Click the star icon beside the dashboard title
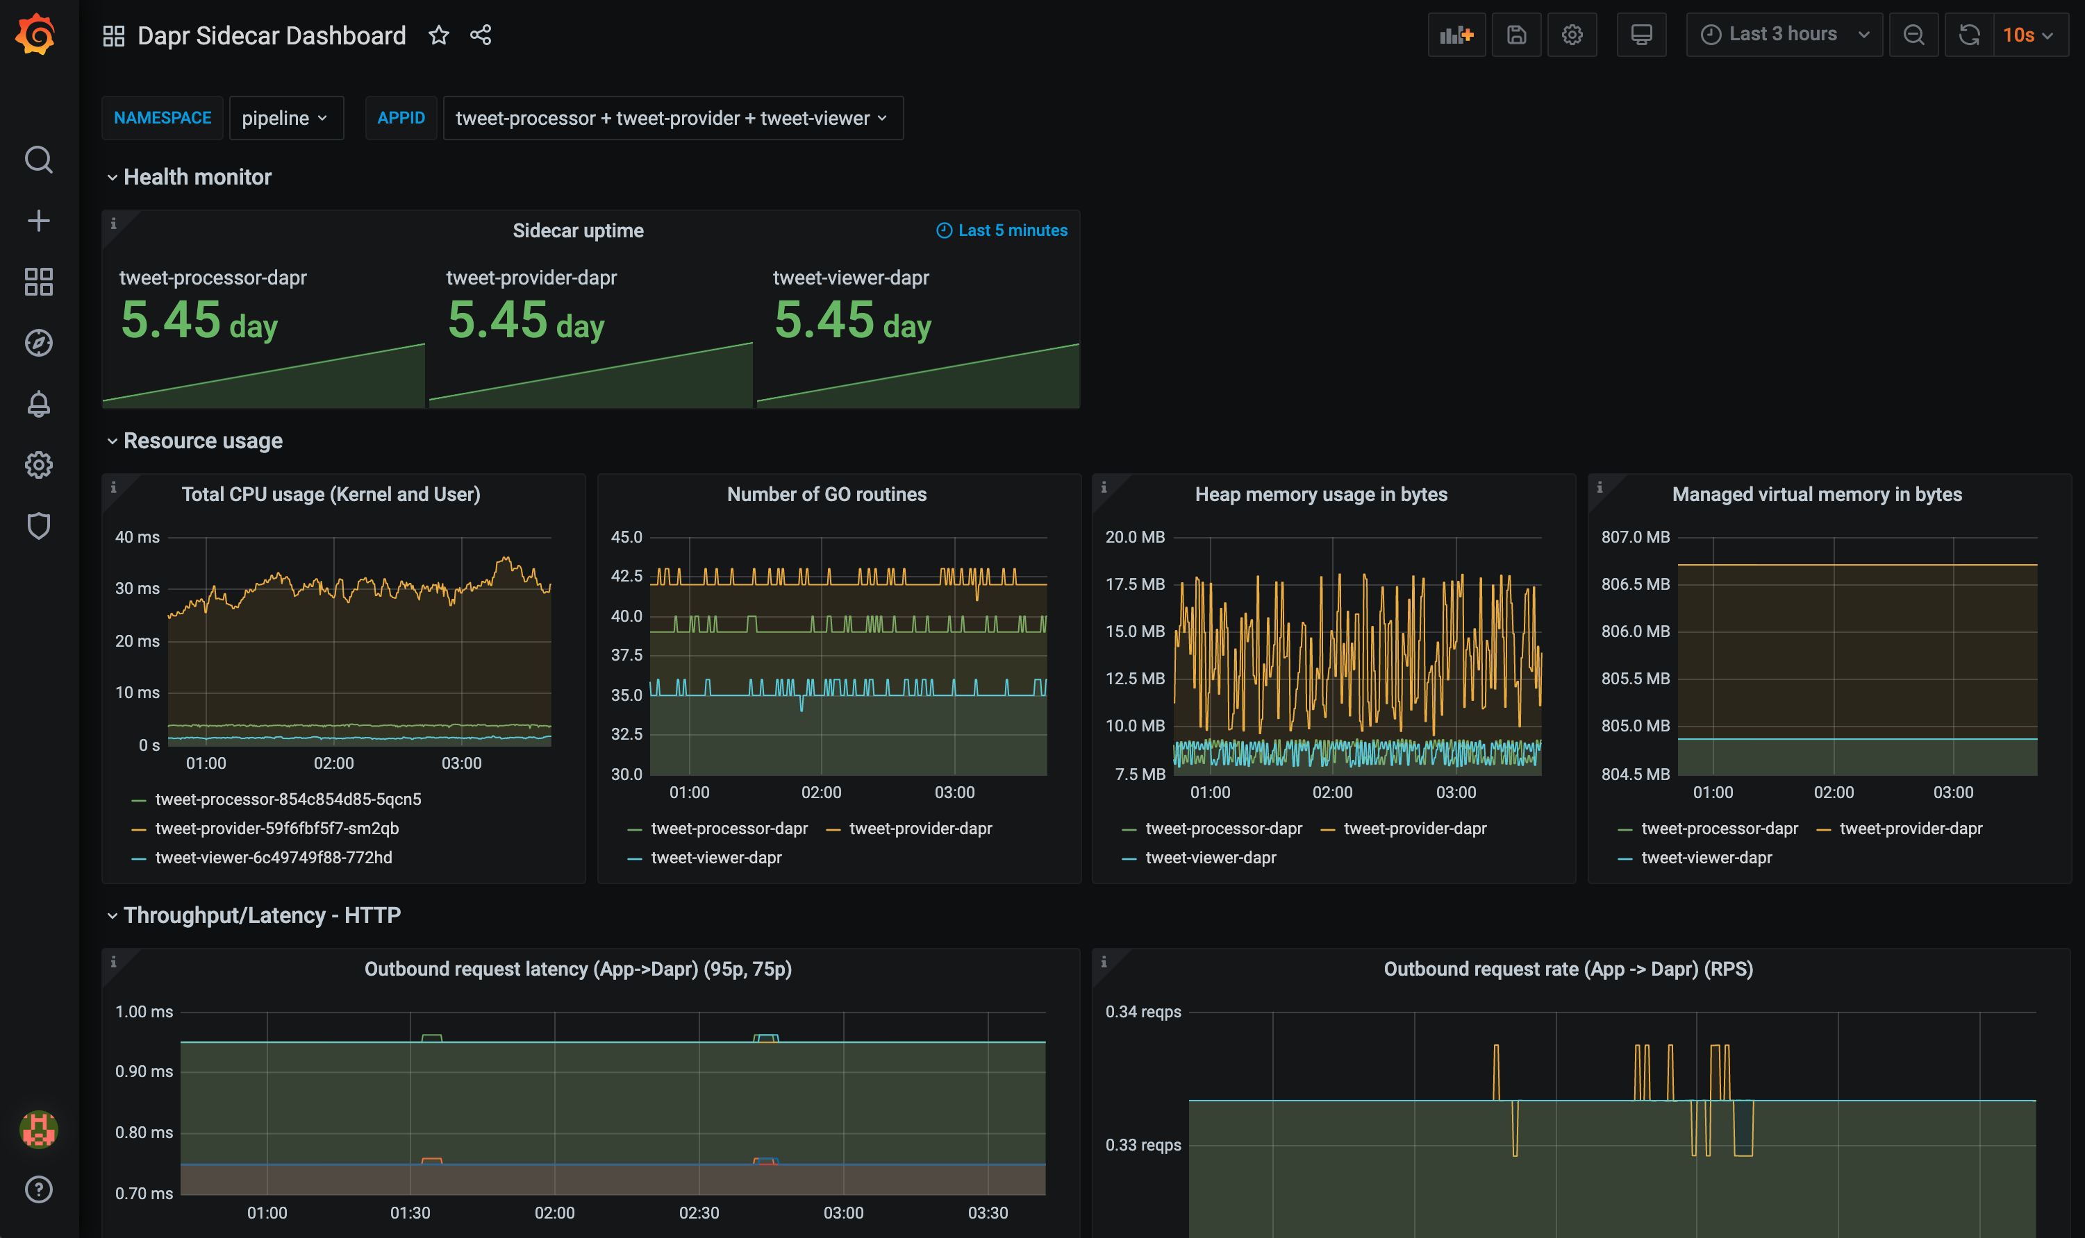coord(438,35)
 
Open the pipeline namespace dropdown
coord(285,119)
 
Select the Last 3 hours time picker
coord(1783,34)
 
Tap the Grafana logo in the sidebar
coord(37,34)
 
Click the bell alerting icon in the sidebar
coord(38,404)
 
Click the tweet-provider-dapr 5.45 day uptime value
coord(526,321)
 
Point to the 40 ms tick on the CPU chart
coord(137,537)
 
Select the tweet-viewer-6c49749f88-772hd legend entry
coord(273,858)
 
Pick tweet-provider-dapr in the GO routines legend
coord(920,829)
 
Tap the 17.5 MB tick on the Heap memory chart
coord(1134,584)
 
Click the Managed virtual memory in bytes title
coord(1816,495)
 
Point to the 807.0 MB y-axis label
coord(1634,537)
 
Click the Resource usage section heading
coord(203,441)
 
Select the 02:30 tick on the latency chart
coord(699,1213)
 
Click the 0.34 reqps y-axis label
coord(1143,1012)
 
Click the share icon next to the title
coord(481,35)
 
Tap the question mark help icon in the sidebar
coord(38,1189)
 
